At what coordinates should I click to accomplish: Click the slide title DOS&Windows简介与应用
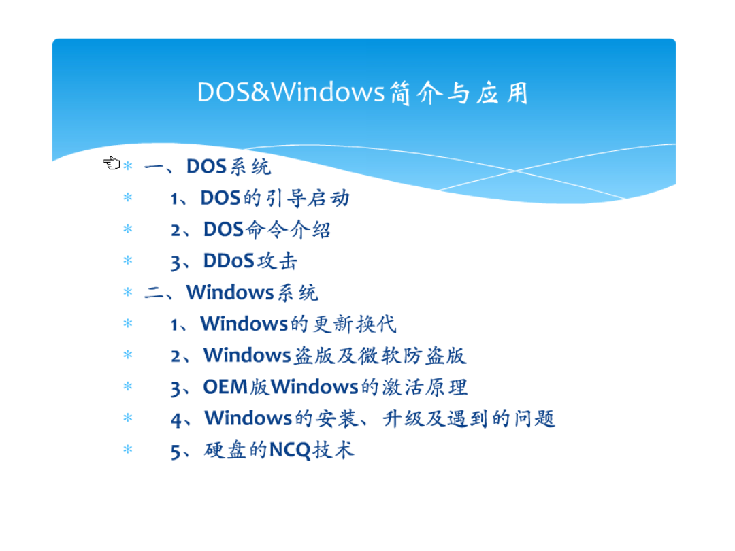(x=363, y=93)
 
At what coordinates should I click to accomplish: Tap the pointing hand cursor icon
(x=112, y=163)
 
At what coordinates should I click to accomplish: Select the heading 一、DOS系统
(x=208, y=167)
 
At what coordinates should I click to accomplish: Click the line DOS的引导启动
(x=260, y=198)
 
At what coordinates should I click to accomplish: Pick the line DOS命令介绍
(x=250, y=230)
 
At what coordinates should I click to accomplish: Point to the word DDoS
(x=229, y=261)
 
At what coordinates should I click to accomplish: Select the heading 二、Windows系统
(x=231, y=293)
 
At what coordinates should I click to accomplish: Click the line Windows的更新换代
(x=283, y=324)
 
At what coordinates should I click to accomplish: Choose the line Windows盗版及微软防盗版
(x=318, y=355)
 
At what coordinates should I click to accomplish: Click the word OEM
(x=225, y=386)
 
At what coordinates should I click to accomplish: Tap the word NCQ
(x=290, y=450)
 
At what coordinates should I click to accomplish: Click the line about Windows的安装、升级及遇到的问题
(x=363, y=418)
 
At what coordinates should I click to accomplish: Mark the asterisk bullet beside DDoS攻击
(x=127, y=261)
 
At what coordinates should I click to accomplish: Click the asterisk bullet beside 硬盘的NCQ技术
(x=127, y=450)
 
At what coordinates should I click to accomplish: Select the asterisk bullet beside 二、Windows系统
(x=127, y=292)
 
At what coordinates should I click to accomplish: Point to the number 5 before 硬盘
(x=176, y=451)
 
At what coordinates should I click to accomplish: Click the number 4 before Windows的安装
(x=176, y=419)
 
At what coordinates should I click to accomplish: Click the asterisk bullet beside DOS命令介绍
(x=127, y=229)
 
